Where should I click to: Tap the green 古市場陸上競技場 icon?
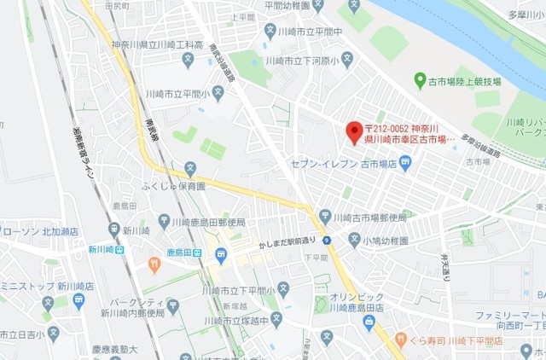pos(419,80)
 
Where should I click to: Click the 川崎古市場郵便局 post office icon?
pos(325,216)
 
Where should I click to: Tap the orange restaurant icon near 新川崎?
pos(154,264)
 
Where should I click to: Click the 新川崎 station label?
pos(101,250)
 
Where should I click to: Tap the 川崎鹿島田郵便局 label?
pos(207,223)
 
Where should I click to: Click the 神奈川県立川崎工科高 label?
pos(157,44)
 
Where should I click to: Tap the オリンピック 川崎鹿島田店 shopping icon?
pos(368,322)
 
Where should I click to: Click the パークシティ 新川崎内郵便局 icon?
pos(173,305)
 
